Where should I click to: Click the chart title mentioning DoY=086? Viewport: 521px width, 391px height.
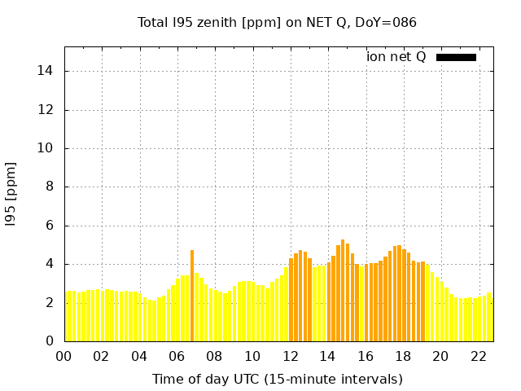point(277,23)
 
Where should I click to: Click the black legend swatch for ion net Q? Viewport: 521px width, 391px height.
point(456,57)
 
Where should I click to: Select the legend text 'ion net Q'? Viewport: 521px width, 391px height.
point(396,57)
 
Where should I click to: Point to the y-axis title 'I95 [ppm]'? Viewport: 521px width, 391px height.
point(11,194)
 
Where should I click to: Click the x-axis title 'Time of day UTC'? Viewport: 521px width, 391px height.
point(277,379)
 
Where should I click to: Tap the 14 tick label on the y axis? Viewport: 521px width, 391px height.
point(46,71)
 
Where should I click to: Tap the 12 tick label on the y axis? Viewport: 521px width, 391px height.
point(46,110)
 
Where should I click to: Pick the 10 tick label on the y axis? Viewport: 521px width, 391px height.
point(46,148)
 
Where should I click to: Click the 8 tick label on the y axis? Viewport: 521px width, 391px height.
point(50,187)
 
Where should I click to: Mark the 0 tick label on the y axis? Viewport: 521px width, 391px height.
point(50,341)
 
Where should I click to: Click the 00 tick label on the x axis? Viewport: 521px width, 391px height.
point(64,356)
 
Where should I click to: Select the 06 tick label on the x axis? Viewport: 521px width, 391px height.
point(177,356)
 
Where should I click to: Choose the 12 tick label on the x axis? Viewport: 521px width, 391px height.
point(290,356)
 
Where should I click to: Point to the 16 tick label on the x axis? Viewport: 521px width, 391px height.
point(365,356)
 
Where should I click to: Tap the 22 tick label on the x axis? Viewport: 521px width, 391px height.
point(478,356)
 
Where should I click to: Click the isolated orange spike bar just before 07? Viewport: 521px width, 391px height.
point(192,297)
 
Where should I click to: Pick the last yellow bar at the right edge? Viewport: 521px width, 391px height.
point(489,318)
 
